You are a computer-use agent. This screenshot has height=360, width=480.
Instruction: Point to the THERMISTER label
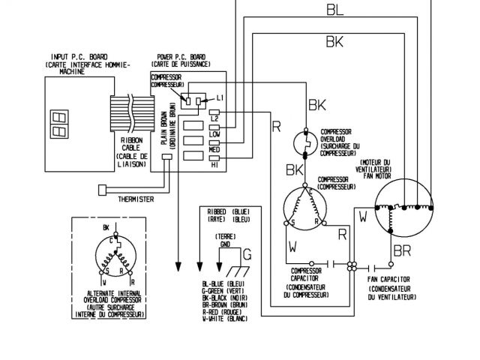135,199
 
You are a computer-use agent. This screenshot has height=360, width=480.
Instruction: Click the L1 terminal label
220,98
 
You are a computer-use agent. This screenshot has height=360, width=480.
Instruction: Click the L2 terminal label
214,118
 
